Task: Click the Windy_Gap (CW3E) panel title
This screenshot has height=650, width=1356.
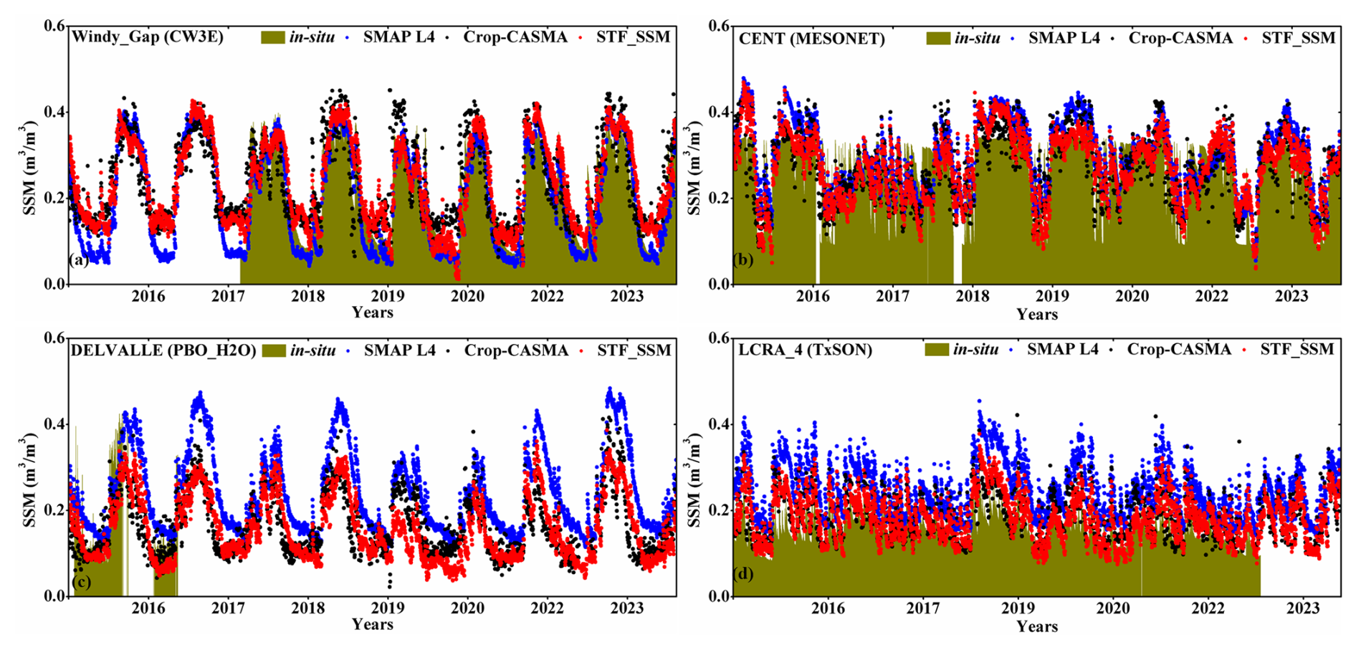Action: [x=147, y=37]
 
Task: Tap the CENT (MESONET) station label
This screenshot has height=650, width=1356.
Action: [x=811, y=39]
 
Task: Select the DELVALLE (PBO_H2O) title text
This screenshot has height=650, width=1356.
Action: [x=163, y=350]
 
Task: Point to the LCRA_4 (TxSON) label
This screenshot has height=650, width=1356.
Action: [x=805, y=350]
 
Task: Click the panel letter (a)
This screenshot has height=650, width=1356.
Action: [x=79, y=259]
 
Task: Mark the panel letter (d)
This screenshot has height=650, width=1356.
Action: [x=744, y=573]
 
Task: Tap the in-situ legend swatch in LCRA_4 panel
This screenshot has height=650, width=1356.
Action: [x=937, y=350]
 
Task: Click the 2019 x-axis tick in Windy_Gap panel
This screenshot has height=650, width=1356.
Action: [x=388, y=295]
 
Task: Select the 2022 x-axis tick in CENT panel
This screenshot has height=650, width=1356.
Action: [x=1212, y=296]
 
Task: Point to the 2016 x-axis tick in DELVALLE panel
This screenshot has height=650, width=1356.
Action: [x=148, y=608]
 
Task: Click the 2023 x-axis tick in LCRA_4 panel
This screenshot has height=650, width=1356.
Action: [x=1302, y=608]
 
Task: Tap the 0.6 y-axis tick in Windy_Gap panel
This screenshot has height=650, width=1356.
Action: [x=54, y=26]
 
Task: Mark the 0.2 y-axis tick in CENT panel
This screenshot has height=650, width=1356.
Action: [x=720, y=199]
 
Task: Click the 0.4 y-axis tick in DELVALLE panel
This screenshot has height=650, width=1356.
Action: [x=54, y=424]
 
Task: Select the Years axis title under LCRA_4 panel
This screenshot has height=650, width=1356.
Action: [x=1036, y=626]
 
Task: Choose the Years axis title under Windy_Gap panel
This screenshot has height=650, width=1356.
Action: [x=372, y=312]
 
